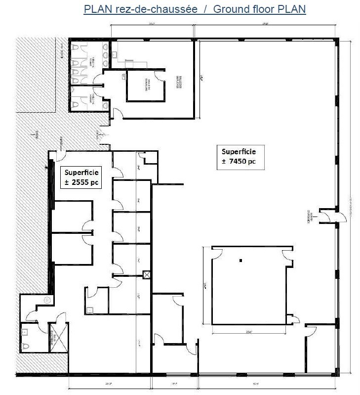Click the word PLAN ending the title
point(293,9)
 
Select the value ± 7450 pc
point(239,161)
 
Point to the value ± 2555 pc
point(80,182)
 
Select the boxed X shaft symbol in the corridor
point(146,275)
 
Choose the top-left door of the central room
point(216,254)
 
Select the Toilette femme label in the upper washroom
point(92,63)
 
